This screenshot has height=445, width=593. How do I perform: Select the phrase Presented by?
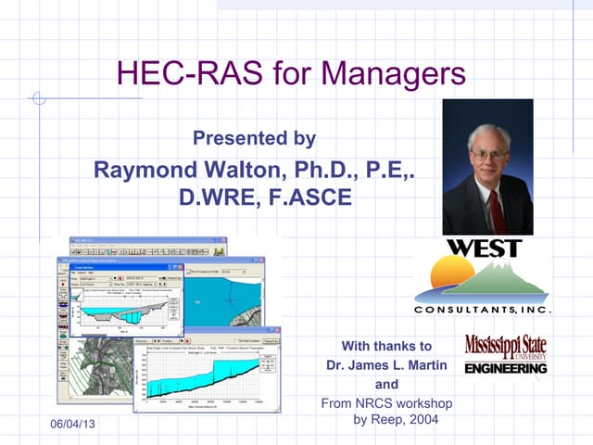click(253, 139)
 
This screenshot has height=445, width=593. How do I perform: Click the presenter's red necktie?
click(497, 210)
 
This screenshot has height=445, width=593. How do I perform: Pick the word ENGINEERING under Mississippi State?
click(505, 368)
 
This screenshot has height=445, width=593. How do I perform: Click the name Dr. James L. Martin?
click(386, 365)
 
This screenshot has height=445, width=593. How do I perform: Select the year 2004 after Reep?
click(422, 420)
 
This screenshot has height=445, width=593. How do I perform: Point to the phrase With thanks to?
click(387, 346)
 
